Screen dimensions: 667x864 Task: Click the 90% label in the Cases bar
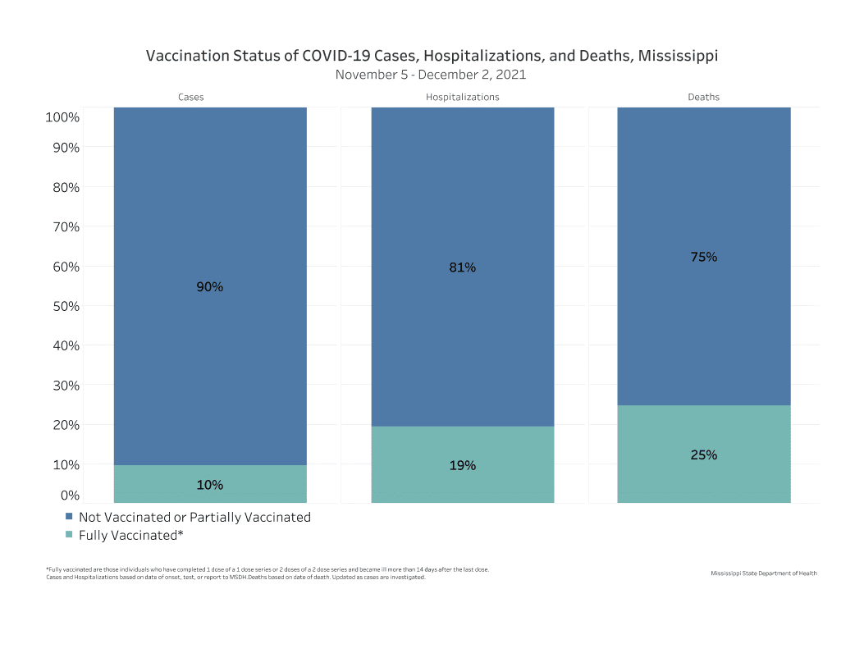210,287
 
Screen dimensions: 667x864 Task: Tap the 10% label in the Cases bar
210,485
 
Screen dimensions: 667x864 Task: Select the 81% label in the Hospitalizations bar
463,267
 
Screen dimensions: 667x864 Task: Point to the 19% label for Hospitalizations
463,465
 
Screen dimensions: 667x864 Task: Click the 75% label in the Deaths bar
704,257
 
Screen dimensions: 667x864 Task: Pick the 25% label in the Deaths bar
704,455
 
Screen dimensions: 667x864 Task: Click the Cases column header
191,97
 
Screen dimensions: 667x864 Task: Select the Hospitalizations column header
463,97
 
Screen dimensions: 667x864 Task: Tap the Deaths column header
704,97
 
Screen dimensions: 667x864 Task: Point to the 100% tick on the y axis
62,117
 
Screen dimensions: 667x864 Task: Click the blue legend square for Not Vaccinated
69,518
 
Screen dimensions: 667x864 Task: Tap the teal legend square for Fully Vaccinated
69,535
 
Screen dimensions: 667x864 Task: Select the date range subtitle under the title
431,75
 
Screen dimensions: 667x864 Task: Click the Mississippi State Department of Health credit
764,573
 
